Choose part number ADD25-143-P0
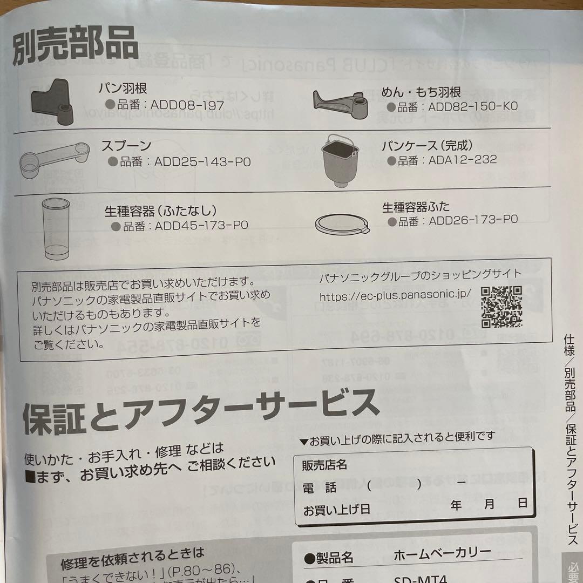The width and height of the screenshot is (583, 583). pyautogui.click(x=202, y=162)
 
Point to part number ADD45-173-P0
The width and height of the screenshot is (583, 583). pyautogui.click(x=201, y=226)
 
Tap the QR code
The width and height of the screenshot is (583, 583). pyautogui.click(x=501, y=307)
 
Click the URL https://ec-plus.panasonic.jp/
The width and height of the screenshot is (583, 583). pyautogui.click(x=395, y=296)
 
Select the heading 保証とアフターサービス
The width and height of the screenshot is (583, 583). pyautogui.click(x=201, y=412)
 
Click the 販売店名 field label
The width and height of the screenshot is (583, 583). pyautogui.click(x=324, y=464)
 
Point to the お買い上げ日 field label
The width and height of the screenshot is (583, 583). pyautogui.click(x=336, y=510)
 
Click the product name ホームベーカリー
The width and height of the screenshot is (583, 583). pyautogui.click(x=442, y=554)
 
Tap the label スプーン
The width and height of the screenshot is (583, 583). pyautogui.click(x=126, y=146)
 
